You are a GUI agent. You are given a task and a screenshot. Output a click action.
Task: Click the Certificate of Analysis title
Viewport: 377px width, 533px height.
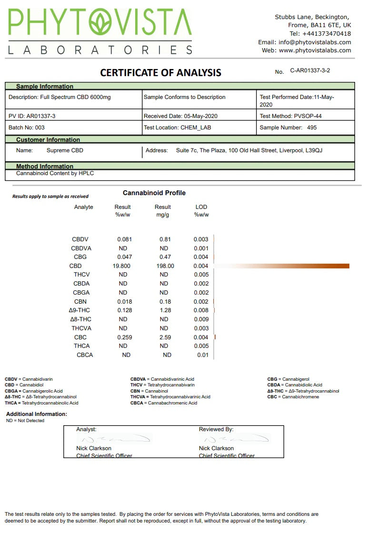point(160,73)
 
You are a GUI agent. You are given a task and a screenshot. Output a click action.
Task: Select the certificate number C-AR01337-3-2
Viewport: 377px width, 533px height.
point(310,70)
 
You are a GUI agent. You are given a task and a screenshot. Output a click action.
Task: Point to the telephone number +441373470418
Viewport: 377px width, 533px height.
point(327,34)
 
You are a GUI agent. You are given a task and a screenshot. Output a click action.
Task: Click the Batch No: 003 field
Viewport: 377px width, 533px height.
point(27,128)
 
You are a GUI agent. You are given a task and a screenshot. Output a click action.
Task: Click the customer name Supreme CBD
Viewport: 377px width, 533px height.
point(65,150)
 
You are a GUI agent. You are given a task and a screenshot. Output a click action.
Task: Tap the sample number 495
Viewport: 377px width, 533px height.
point(312,128)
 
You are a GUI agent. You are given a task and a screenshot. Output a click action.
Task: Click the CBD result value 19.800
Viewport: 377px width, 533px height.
point(121,266)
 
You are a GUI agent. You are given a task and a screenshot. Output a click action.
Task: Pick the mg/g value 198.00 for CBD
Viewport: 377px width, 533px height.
point(165,266)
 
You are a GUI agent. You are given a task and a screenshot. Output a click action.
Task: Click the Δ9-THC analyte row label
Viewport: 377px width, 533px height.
point(79,310)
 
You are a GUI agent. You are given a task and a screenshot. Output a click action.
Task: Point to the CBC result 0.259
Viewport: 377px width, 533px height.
point(123,337)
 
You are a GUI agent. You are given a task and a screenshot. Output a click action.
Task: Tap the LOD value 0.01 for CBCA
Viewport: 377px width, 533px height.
point(203,355)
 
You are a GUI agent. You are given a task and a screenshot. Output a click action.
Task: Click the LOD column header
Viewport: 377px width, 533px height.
point(201,207)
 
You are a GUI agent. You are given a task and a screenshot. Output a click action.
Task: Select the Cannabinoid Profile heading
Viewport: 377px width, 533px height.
point(154,193)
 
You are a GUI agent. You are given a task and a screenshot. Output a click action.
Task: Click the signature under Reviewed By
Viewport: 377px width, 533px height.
point(233,439)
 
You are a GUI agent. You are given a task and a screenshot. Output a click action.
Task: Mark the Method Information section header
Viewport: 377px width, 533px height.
point(45,167)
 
